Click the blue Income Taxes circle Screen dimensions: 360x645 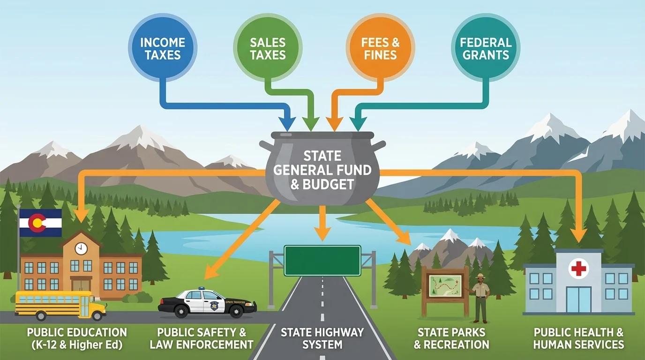coord(163,48)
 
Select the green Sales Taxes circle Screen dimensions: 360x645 coord(268,48)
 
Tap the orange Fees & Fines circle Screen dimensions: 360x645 coord(380,48)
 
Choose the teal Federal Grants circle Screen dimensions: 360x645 coord(486,48)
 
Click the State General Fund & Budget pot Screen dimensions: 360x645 coord(322,171)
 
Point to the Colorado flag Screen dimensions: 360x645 coord(40,223)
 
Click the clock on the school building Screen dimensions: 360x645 coord(81,249)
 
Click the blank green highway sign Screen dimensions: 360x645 coord(322,261)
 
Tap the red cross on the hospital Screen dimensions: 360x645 coord(578,269)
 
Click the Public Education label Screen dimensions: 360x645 coord(77,338)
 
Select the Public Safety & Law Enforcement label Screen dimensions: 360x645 coord(202,338)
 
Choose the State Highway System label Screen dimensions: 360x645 coord(322,338)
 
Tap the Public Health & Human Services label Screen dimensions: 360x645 coord(579,338)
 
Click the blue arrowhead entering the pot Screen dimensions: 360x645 coord(287,124)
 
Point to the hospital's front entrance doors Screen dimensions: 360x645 coord(578,300)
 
